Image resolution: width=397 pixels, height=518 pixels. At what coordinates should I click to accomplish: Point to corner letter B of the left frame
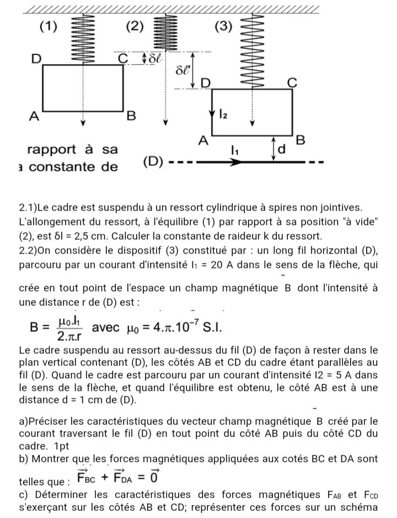131,116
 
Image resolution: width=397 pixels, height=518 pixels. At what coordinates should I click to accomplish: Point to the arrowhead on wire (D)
237,163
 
